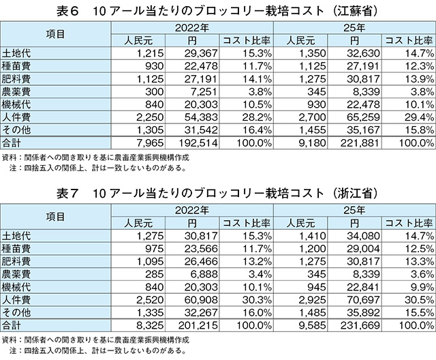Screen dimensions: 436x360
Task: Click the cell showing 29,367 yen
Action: pos(201,53)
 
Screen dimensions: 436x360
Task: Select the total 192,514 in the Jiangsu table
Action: pos(198,142)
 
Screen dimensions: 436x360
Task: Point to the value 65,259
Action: pos(363,117)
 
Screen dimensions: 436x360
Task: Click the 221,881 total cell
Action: pos(360,142)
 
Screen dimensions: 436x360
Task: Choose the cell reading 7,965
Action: pos(150,142)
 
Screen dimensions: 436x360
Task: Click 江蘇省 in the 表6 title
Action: pos(356,12)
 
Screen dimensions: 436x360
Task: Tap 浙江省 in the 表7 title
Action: pos(356,194)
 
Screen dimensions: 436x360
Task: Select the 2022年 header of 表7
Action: pos(192,210)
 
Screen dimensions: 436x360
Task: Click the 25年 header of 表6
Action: pos(354,28)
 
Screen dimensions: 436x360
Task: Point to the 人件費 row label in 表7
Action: pos(16,300)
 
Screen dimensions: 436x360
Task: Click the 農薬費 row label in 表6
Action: pos(16,91)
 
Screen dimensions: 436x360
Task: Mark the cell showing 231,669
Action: pos(360,325)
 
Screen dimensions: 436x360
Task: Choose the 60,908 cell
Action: pos(201,299)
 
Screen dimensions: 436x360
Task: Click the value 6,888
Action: pos(204,274)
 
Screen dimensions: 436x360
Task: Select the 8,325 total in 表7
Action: pos(150,325)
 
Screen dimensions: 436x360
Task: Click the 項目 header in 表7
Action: pos(55,217)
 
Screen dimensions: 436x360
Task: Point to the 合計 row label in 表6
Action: pos(11,142)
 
